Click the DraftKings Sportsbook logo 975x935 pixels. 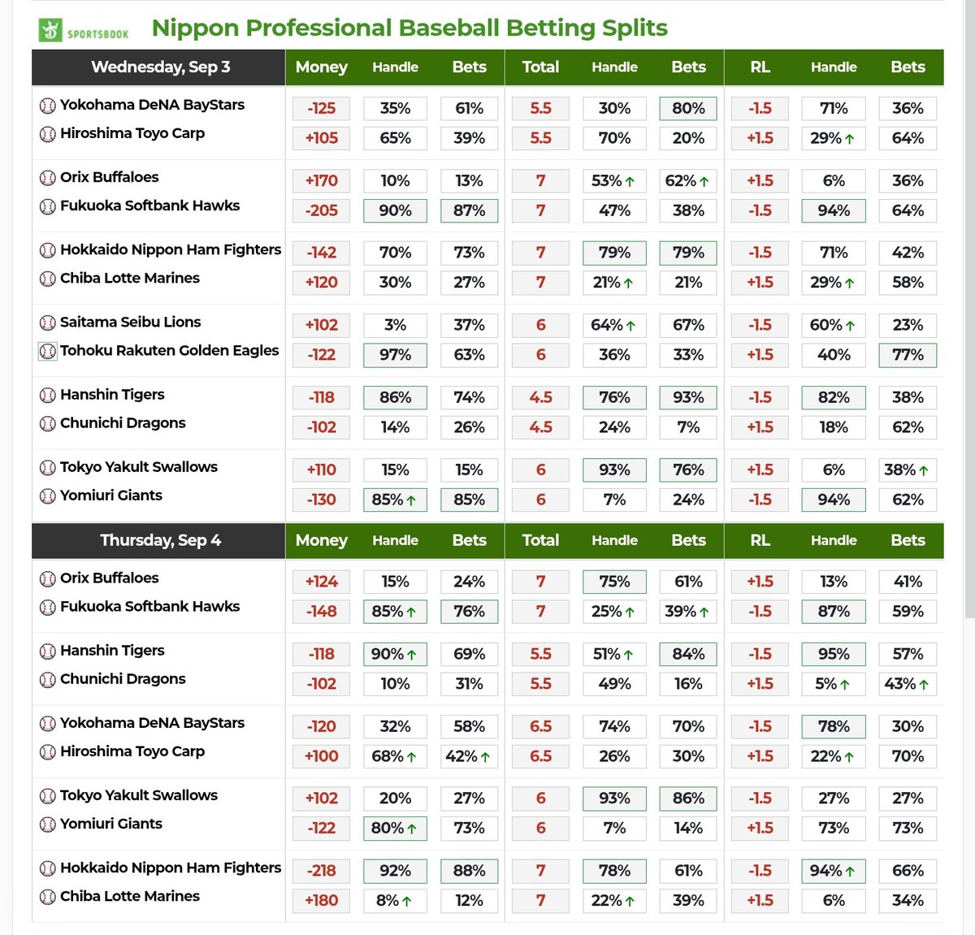[84, 30]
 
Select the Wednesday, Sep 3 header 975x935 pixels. [160, 67]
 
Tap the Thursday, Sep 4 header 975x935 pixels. [160, 540]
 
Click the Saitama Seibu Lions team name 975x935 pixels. [130, 322]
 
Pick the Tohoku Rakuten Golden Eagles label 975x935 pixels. [169, 350]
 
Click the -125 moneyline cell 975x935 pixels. [321, 108]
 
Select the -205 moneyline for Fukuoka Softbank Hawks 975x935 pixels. [321, 210]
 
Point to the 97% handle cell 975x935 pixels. [395, 355]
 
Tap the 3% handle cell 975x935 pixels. [395, 325]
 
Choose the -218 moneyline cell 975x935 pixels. [321, 871]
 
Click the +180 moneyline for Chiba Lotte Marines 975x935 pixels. [321, 901]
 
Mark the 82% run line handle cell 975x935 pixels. [834, 397]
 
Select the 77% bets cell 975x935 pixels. [908, 355]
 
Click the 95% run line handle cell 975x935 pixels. [834, 654]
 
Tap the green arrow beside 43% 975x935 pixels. [924, 685]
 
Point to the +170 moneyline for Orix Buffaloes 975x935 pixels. [321, 180]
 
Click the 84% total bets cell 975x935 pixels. [688, 654]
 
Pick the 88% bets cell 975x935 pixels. [469, 871]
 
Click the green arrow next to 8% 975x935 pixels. [406, 901]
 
